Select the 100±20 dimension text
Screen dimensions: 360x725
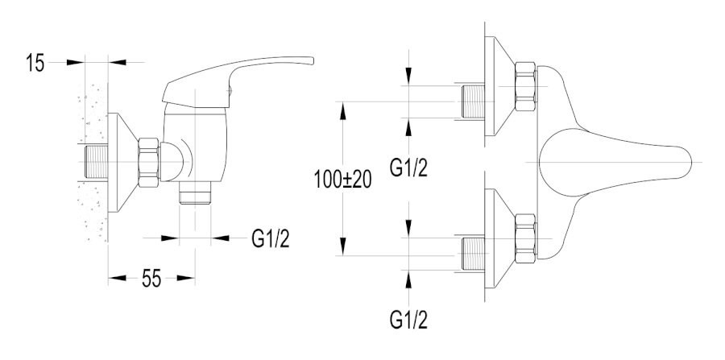[x=342, y=180]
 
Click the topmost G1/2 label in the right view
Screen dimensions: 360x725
[x=410, y=168]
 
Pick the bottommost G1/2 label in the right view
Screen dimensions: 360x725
[x=410, y=317]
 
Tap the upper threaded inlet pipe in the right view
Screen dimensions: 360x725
[x=469, y=102]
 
